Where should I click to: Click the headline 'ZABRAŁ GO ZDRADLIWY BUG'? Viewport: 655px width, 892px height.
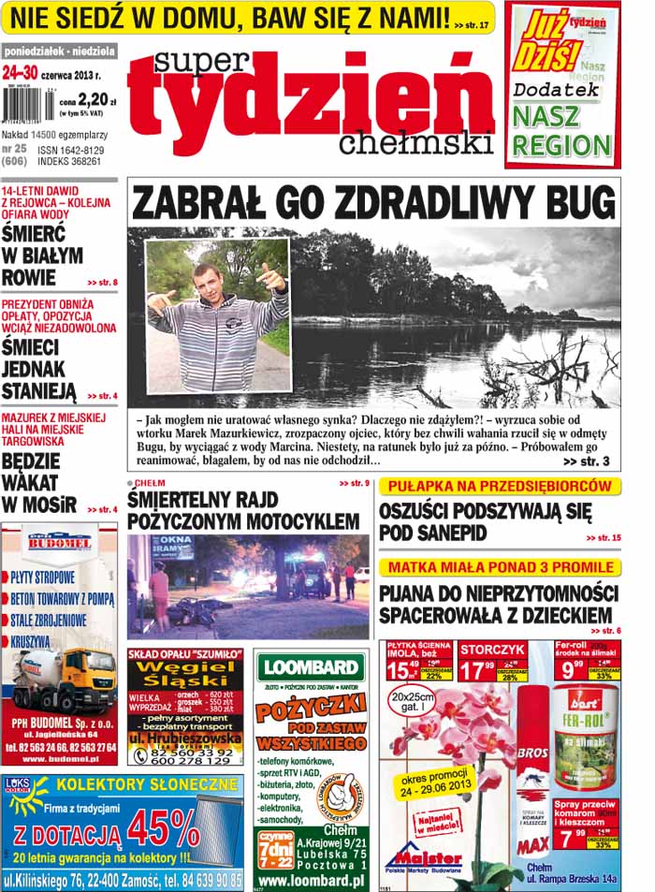373,201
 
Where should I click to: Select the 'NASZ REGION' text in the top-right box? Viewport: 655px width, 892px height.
560,130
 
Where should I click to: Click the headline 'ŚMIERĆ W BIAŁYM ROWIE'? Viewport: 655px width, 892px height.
43,255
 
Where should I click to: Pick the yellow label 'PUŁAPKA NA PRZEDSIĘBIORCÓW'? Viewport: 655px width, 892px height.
500,487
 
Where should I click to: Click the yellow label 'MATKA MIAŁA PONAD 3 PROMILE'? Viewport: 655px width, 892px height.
500,567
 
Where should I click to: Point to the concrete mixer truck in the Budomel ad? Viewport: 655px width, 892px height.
63,679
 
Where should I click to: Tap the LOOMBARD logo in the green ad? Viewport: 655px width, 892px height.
310,666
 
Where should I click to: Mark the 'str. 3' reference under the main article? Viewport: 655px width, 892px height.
587,461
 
